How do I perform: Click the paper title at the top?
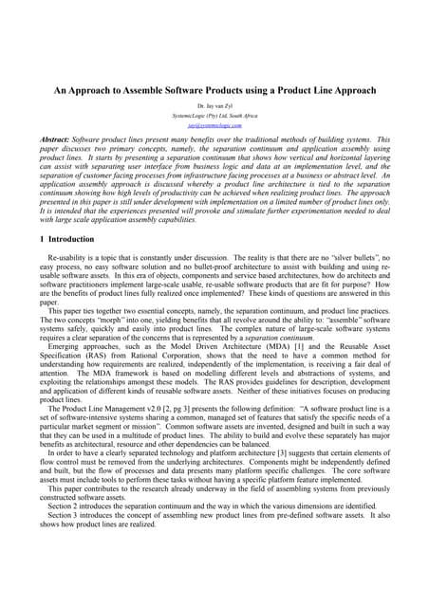pyautogui.click(x=214, y=90)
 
